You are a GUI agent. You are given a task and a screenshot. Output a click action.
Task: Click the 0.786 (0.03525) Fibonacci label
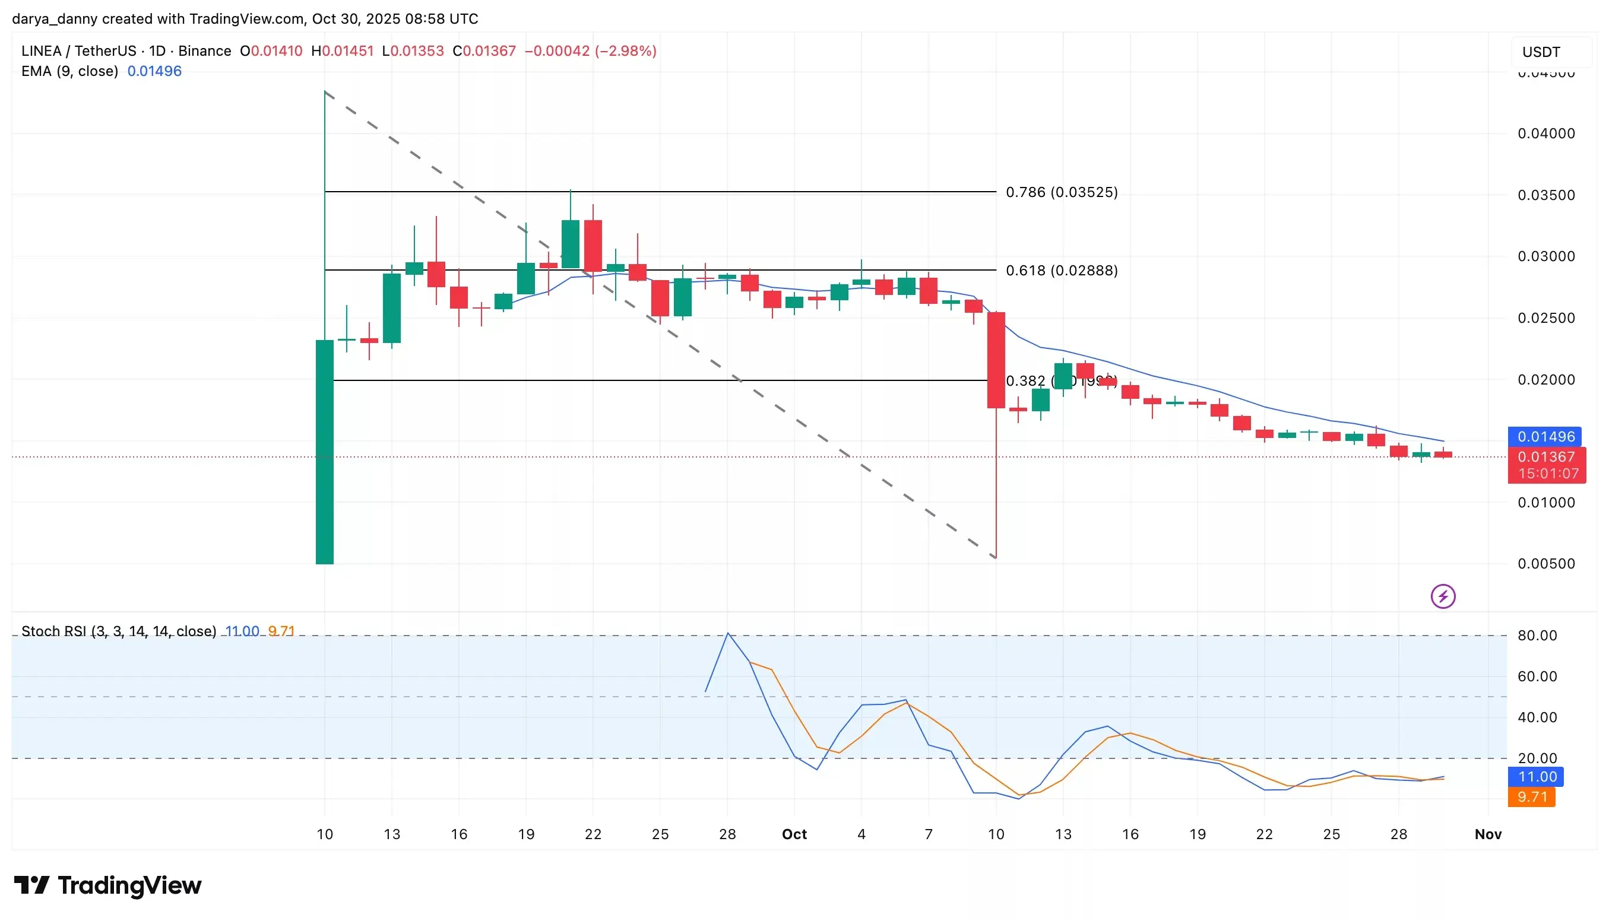[x=1061, y=192]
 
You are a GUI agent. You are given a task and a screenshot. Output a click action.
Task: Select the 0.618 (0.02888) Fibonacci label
[x=1061, y=271]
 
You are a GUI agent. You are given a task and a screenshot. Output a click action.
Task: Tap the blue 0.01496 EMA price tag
[x=1545, y=436]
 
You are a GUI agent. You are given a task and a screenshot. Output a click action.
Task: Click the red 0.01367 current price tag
[x=1545, y=457]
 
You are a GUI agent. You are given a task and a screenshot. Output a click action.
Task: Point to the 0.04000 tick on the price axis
[x=1545, y=134]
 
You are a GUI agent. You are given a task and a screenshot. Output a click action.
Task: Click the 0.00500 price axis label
[x=1545, y=564]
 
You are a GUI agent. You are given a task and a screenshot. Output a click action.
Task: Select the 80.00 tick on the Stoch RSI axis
[x=1537, y=635]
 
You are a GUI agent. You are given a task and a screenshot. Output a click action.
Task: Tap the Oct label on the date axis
[x=794, y=834]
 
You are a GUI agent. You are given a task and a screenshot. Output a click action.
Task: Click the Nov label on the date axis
[x=1487, y=834]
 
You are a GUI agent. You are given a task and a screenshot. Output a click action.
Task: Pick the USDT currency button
[x=1541, y=52]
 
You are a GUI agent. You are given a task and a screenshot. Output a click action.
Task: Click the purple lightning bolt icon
[x=1443, y=596]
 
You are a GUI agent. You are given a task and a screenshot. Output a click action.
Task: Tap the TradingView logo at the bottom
[x=107, y=885]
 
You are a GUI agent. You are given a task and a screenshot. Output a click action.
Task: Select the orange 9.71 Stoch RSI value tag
[x=1531, y=797]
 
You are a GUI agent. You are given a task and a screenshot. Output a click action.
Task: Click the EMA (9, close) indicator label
[x=69, y=71]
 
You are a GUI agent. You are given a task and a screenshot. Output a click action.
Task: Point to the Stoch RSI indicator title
[x=118, y=631]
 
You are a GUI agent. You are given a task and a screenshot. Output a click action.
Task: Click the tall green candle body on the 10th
[x=325, y=452]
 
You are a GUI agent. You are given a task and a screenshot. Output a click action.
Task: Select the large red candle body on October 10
[x=996, y=360]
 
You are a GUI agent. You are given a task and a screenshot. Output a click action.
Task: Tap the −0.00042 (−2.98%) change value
[x=590, y=50]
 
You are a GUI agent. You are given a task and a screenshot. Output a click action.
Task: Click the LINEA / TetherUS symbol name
[x=78, y=50]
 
